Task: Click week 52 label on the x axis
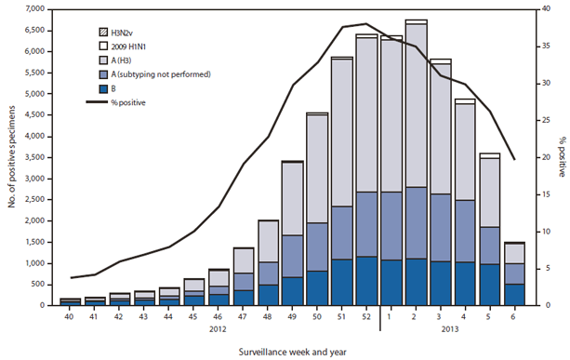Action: pos(367,316)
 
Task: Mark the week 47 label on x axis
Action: pos(245,316)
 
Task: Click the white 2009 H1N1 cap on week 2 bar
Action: pos(416,20)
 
